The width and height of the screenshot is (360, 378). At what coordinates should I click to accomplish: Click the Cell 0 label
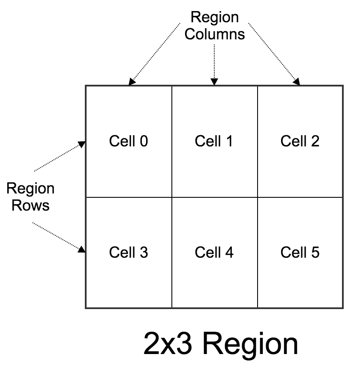(129, 141)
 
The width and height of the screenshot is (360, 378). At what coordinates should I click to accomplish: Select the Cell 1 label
(214, 141)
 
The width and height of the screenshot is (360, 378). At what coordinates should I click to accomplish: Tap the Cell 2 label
(300, 141)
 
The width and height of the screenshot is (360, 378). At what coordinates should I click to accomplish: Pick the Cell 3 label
(129, 253)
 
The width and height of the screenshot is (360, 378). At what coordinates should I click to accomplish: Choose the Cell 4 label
(214, 253)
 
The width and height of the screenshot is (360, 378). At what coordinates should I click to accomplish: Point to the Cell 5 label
(300, 253)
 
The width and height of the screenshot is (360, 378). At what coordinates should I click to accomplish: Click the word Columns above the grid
(215, 34)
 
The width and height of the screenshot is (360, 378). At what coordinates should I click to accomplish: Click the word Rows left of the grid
(30, 205)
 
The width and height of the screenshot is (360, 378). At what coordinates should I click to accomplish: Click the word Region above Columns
(215, 18)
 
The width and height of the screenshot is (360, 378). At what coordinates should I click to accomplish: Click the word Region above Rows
(30, 189)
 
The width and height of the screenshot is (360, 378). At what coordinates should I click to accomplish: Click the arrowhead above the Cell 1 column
(215, 81)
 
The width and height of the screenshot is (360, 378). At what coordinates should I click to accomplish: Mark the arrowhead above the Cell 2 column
(296, 82)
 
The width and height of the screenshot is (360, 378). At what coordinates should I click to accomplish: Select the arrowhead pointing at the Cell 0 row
(81, 145)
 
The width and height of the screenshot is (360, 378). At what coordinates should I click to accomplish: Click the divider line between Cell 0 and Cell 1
(172, 120)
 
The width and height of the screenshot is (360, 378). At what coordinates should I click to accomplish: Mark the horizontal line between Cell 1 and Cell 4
(214, 197)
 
